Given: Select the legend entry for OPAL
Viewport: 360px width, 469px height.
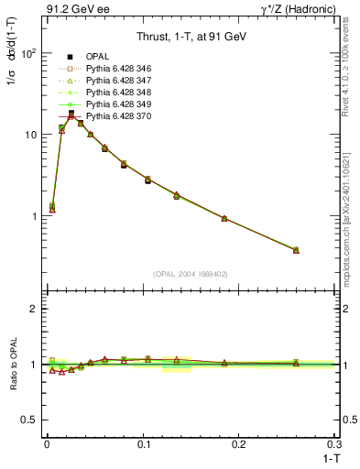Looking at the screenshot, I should point(99,57).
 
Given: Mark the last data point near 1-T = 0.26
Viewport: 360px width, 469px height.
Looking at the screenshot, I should point(296,249).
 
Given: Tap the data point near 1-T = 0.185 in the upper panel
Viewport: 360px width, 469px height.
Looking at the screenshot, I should point(224,218).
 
